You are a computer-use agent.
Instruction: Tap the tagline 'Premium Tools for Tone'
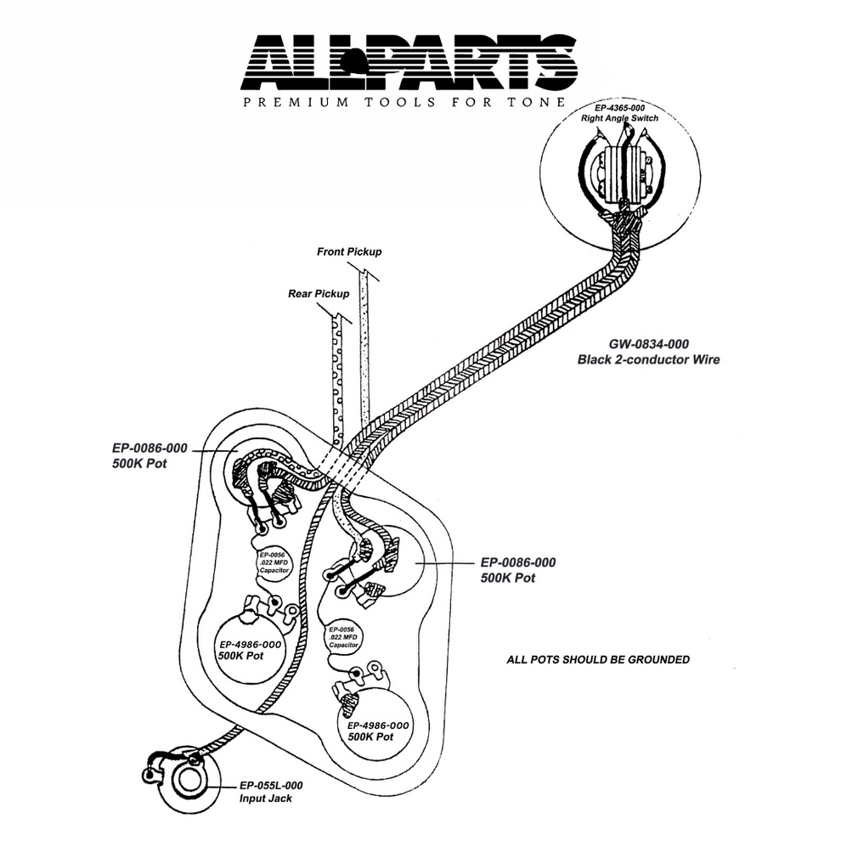pos(404,103)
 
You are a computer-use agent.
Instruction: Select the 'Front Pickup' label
pos(349,252)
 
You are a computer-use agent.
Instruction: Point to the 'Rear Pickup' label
pos(319,293)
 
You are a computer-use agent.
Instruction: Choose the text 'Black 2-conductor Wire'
pos(649,359)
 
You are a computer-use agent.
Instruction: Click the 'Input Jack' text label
pos(267,799)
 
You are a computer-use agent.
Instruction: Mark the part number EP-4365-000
pos(619,108)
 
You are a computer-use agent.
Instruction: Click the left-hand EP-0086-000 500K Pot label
pos(150,454)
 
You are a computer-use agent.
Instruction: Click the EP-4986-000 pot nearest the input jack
pos(251,650)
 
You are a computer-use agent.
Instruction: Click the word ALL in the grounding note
pos(517,659)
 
